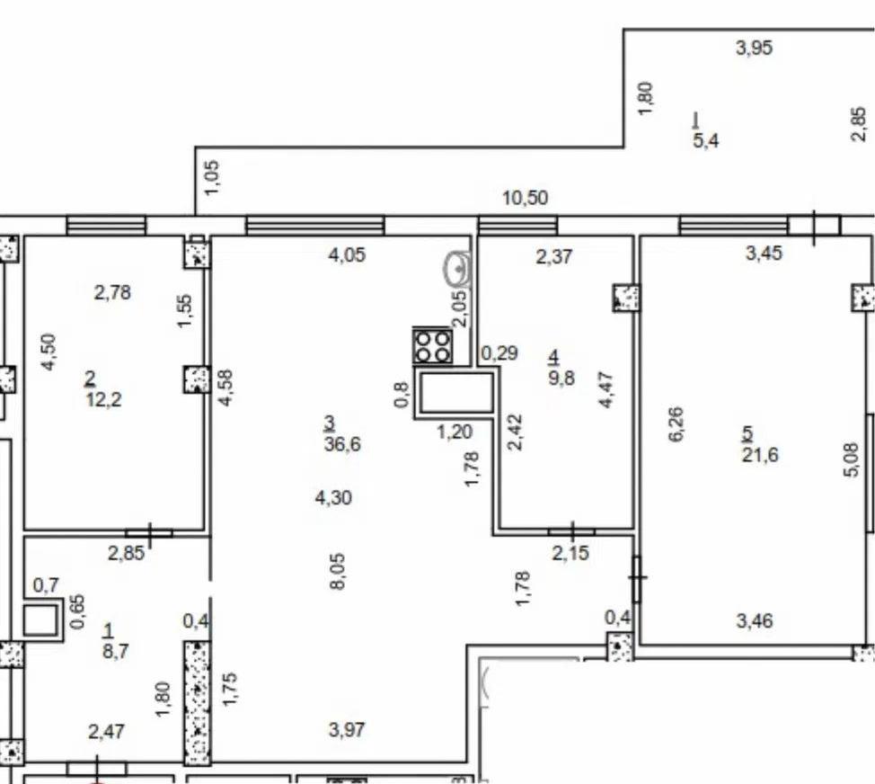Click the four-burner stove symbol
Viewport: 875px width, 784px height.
point(432,346)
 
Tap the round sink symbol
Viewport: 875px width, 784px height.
point(458,269)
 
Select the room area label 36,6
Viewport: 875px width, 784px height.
point(342,444)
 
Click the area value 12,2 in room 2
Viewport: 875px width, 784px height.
point(104,400)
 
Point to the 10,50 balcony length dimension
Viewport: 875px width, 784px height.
point(526,198)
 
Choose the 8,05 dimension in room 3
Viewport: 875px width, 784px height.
point(338,571)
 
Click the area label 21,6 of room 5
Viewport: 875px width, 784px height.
point(760,455)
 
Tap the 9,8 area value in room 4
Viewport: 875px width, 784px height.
point(561,378)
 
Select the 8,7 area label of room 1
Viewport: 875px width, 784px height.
point(116,651)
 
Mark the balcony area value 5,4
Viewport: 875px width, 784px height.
point(706,140)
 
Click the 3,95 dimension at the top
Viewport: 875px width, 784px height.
point(755,48)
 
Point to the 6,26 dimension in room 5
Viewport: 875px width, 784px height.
point(676,424)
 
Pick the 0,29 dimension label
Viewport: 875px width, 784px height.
point(499,353)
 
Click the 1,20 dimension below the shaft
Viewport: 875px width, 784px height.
point(455,432)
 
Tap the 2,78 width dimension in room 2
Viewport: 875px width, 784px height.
point(112,292)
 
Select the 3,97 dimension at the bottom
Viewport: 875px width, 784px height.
point(347,730)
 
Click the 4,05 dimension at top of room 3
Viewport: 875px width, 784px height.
point(347,255)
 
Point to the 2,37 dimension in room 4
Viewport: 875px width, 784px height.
point(554,257)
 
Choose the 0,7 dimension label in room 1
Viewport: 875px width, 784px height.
point(46,585)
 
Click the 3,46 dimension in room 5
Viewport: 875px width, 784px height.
point(755,620)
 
